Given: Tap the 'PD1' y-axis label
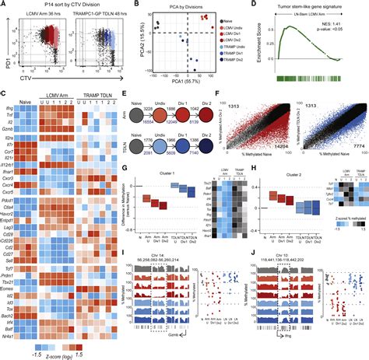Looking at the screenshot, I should click(5, 53).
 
